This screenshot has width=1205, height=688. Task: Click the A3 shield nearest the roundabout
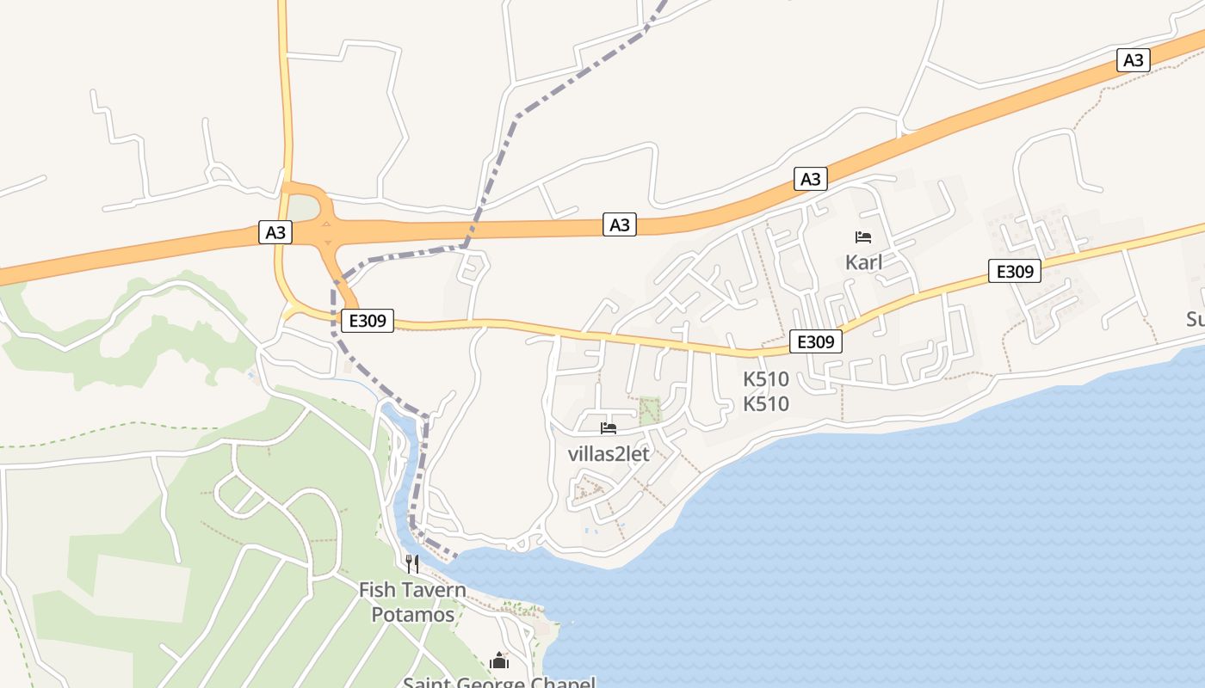(275, 232)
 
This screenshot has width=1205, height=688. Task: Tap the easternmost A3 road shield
(1134, 59)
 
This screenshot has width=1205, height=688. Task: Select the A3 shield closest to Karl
(810, 179)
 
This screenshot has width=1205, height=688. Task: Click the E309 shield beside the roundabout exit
(368, 321)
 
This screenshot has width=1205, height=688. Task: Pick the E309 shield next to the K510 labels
(815, 341)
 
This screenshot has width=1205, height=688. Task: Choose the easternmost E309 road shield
(1014, 271)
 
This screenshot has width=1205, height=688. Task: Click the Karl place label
(863, 262)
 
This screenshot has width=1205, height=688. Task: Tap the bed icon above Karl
(863, 237)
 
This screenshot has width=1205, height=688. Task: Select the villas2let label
(609, 453)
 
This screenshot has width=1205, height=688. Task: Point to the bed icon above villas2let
(609, 428)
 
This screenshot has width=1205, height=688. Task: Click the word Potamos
(413, 615)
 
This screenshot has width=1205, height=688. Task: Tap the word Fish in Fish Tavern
(376, 591)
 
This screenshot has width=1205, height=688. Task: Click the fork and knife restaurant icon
(412, 564)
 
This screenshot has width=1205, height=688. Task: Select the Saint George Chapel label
(499, 682)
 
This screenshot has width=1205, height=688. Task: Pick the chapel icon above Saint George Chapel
(499, 661)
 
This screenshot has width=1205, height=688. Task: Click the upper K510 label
(766, 379)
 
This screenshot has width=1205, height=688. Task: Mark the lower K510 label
(766, 403)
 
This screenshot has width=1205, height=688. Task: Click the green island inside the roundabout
(302, 208)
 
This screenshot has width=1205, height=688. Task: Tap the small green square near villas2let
(650, 410)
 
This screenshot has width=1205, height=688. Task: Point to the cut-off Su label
(1195, 320)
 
